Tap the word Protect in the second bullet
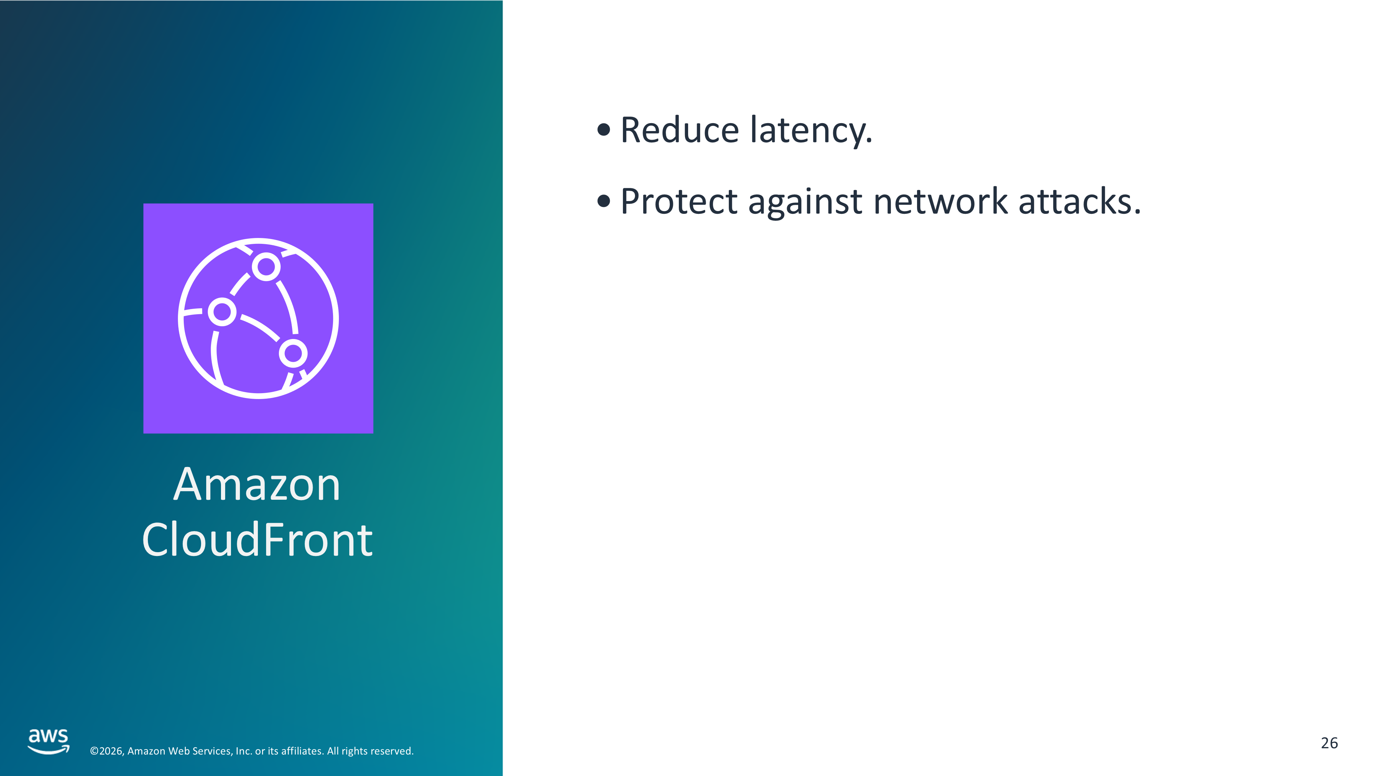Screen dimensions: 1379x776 click(679, 201)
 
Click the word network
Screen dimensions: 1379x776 click(941, 201)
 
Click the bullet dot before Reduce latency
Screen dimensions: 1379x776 click(604, 130)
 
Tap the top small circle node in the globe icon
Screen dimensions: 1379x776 click(266, 266)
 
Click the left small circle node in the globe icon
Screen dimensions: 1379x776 click(222, 312)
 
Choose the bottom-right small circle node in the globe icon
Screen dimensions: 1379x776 click(293, 353)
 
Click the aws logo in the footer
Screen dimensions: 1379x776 click(49, 741)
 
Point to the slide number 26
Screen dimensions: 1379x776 click(1329, 743)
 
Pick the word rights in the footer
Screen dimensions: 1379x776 click(353, 752)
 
